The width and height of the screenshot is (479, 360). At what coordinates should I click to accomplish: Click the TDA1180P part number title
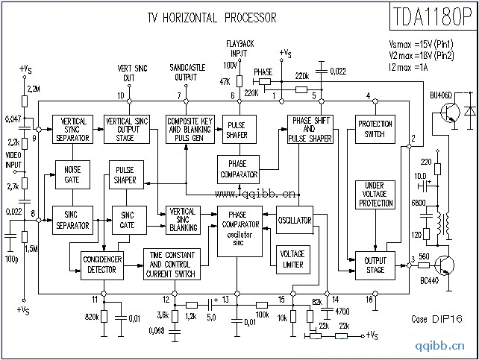point(431,16)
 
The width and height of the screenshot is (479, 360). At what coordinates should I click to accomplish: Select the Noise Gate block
point(72,174)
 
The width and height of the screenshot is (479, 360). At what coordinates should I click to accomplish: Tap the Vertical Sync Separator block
point(72,130)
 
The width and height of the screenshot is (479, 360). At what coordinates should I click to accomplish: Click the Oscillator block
point(294,221)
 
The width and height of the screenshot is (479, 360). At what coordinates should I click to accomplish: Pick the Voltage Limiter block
point(292,259)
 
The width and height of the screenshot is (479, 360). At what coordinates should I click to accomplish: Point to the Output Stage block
point(375,264)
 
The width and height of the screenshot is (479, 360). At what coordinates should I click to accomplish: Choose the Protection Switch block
point(375,129)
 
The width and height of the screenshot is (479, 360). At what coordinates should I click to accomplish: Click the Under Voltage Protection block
point(375,194)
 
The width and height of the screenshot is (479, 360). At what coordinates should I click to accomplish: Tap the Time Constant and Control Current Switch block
point(172,264)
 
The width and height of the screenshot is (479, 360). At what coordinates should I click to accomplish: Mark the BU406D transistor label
point(440,95)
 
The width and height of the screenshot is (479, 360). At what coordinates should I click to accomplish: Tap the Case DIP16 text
point(437,318)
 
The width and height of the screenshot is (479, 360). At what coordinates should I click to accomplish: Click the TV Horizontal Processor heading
point(203,17)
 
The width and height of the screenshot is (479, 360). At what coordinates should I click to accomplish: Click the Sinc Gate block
point(128,221)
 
